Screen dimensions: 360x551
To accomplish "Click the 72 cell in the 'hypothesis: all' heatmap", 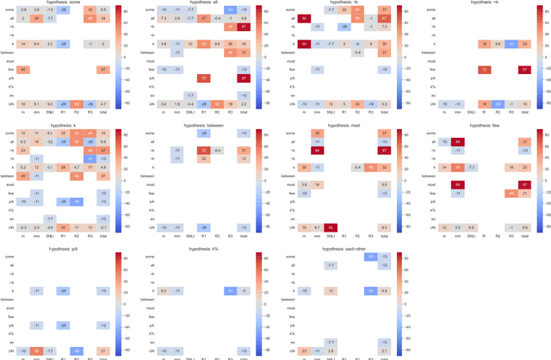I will (x=203, y=78).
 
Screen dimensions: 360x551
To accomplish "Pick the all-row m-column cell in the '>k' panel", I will (x=305, y=18).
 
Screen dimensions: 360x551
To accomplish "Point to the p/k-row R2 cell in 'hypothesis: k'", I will (x=77, y=202).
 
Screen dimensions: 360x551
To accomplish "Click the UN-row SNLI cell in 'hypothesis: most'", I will (x=331, y=227).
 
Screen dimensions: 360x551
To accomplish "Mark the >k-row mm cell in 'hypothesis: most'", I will (x=318, y=150).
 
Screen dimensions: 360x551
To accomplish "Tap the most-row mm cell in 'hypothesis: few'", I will (x=458, y=184).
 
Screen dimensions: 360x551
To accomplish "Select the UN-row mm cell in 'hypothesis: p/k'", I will (x=37, y=351).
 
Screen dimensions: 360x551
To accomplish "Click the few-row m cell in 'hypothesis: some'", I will (x=24, y=69).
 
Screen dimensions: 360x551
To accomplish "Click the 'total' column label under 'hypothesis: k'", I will (x=102, y=235).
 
